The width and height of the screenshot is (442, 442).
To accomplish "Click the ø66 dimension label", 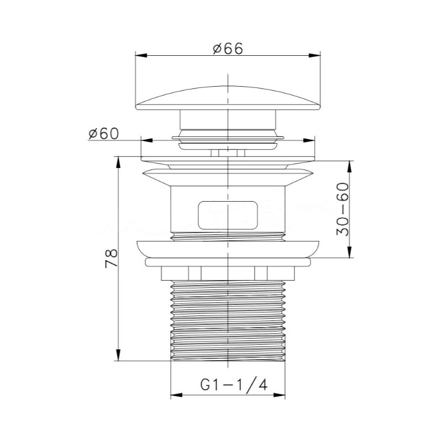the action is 228,49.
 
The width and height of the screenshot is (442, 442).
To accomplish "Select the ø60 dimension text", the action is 103,134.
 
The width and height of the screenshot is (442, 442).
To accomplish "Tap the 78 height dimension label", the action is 111,258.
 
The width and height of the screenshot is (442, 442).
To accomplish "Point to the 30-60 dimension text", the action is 343,209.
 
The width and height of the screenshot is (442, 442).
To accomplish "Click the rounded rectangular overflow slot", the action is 228,215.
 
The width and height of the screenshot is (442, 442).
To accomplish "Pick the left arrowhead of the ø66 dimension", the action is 141,56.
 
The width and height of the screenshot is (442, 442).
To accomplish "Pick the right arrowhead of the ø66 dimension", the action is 314,56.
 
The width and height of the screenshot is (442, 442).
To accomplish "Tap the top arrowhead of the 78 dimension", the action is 118,163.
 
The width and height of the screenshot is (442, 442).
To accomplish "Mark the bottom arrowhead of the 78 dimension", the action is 118,355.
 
